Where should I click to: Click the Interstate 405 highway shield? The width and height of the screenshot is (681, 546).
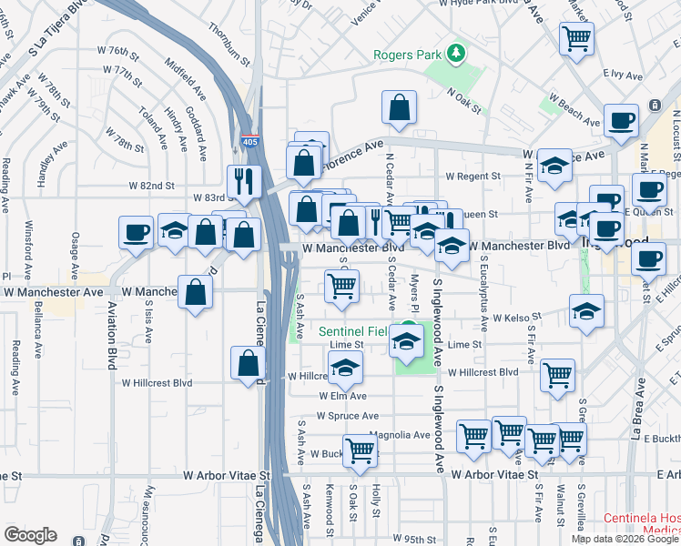click(x=249, y=141)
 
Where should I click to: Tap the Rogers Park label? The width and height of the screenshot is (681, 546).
click(x=406, y=55)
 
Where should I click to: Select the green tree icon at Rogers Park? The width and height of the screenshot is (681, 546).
click(x=455, y=54)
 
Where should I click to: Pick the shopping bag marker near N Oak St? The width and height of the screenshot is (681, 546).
click(x=400, y=106)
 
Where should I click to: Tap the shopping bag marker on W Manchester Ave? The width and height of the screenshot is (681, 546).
click(x=196, y=292)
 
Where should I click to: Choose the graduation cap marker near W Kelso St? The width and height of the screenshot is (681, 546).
click(x=587, y=310)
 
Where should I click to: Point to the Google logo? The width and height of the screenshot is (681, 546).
click(x=30, y=535)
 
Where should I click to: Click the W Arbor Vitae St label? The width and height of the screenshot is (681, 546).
click(x=228, y=475)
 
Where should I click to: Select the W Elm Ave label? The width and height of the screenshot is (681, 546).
click(x=342, y=396)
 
